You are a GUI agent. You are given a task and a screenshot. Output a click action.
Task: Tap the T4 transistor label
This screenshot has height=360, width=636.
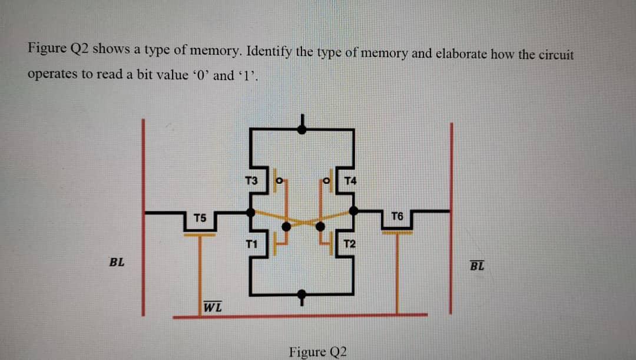click(350, 180)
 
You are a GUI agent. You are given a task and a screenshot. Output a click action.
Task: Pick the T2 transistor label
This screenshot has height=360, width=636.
click(349, 244)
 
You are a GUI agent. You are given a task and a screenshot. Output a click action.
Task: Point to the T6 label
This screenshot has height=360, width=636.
click(396, 217)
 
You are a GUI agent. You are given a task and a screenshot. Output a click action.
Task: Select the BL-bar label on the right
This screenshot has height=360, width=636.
click(477, 265)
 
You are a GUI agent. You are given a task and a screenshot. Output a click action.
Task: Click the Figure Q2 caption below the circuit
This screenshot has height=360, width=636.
click(317, 352)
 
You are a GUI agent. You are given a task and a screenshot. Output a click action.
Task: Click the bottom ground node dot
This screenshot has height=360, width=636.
click(302, 293)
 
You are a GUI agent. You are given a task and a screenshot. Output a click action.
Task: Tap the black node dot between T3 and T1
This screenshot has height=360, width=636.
click(251, 211)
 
